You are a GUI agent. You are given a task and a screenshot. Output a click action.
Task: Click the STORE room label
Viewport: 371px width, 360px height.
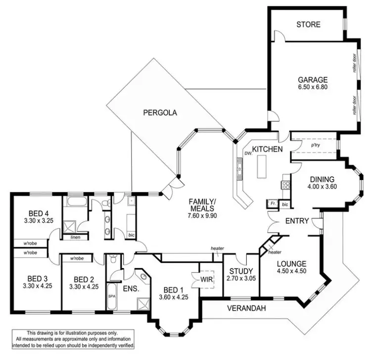point(308,24)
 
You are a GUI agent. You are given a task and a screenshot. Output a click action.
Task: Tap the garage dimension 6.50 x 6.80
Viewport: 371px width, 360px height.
point(313,87)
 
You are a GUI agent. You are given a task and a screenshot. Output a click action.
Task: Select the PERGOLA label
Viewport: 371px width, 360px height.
point(160,112)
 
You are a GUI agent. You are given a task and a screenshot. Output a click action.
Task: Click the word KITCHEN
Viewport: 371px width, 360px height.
point(268,149)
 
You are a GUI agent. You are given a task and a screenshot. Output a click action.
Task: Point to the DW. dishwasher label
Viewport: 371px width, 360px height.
point(248,154)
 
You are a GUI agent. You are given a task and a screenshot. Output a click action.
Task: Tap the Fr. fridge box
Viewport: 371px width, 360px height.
point(273,203)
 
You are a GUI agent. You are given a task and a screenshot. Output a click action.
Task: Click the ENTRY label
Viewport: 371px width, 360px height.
point(297,221)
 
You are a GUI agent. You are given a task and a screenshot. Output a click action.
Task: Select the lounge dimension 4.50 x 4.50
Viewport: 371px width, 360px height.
point(291,271)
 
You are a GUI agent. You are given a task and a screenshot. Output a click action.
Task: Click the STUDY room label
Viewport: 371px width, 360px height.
point(241,271)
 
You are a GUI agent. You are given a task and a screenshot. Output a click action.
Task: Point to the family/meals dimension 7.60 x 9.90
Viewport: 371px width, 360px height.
point(202,216)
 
